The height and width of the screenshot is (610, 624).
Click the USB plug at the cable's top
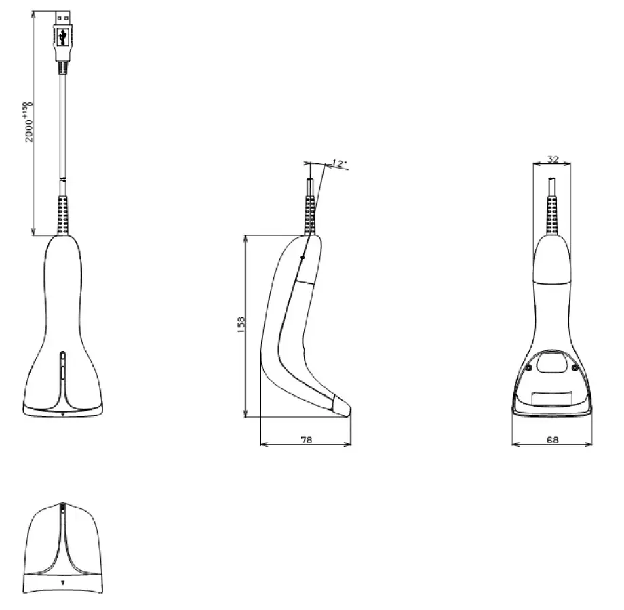tap(63, 30)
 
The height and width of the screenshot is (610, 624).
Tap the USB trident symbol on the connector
tap(63, 36)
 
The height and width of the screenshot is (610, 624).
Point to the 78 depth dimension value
tap(306, 440)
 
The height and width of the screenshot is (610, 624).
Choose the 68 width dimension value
tap(552, 440)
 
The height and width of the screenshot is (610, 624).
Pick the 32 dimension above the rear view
tap(552, 159)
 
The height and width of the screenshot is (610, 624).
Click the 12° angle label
tap(338, 163)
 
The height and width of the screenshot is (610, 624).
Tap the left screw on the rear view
tap(528, 367)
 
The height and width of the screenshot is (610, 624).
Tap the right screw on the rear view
tap(575, 367)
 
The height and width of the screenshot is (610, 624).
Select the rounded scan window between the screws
tap(551, 364)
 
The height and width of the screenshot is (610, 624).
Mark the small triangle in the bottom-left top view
tap(62, 581)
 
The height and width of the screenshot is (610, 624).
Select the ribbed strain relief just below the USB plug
tap(63, 66)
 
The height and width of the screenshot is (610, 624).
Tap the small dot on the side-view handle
tap(302, 258)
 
